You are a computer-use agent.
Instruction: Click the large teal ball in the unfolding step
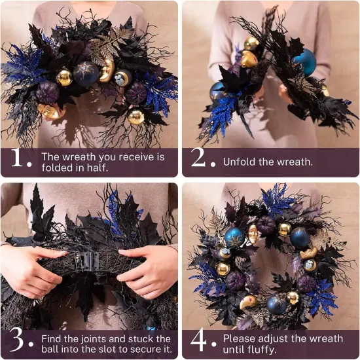coord(305,63)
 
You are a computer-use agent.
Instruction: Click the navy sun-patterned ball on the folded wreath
coord(86,73)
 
